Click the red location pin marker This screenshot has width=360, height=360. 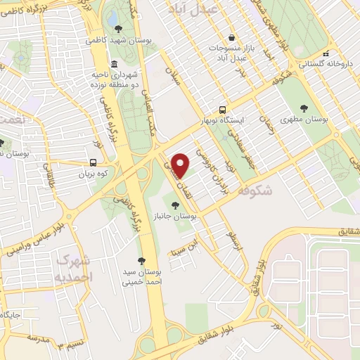(x=181, y=165)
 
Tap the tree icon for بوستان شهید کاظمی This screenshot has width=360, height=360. (x=117, y=29)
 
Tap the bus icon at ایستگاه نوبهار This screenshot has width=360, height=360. (x=222, y=109)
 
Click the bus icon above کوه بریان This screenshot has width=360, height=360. (x=94, y=161)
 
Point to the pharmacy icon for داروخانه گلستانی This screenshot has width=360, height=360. (x=326, y=53)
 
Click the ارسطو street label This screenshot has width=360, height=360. (x=231, y=238)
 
